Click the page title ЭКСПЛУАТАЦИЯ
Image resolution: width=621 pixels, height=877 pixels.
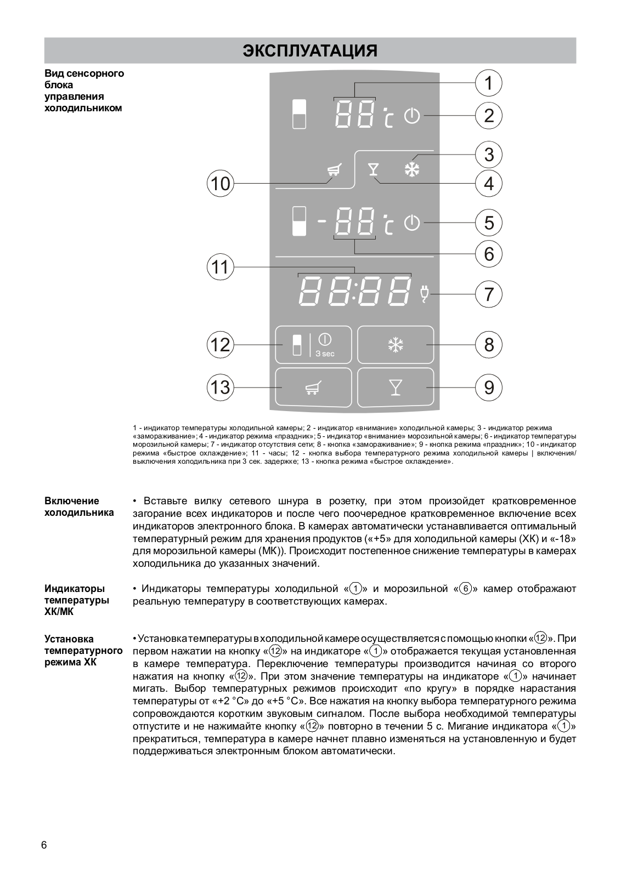click(x=310, y=51)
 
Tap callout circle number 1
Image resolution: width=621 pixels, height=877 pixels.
click(x=488, y=83)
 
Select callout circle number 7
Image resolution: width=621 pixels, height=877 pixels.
click(x=488, y=294)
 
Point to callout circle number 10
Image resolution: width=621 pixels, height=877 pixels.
click(x=220, y=183)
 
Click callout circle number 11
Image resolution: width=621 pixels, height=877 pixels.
click(x=220, y=267)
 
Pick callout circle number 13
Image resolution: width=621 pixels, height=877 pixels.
click(x=220, y=388)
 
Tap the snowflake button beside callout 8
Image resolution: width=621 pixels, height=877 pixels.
click(x=396, y=345)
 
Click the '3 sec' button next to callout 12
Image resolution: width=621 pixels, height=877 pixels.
click(x=313, y=345)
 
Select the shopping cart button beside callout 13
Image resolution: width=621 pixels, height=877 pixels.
click(x=313, y=388)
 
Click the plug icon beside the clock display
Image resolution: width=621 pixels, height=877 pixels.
click(x=424, y=294)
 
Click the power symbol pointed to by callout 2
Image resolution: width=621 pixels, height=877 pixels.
click(x=412, y=116)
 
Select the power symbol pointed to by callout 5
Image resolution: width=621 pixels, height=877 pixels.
click(x=412, y=223)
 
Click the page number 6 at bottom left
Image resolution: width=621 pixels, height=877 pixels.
click(x=44, y=845)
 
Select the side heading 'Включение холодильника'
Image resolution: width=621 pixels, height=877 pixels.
click(x=79, y=506)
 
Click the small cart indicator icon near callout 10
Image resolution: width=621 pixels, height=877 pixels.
click(x=332, y=170)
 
